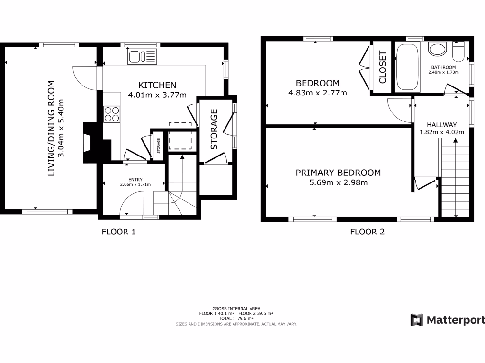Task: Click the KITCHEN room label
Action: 157,85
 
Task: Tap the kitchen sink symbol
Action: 142,57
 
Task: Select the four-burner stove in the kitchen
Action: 112,113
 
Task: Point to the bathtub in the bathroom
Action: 407,68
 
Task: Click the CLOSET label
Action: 383,67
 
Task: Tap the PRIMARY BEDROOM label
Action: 338,173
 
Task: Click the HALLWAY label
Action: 441,124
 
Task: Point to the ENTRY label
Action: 135,180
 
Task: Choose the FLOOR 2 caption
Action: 367,232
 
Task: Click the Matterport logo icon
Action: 417,320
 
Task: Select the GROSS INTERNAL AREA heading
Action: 236,309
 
